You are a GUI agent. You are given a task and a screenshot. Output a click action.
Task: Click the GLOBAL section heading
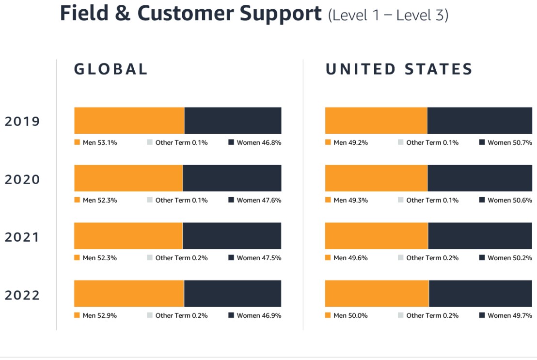tap(111, 69)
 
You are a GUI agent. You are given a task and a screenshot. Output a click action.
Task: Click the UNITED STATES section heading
tap(399, 69)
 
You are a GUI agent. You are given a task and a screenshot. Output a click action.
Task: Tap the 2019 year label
tap(22, 121)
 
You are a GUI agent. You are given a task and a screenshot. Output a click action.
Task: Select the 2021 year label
tap(22, 237)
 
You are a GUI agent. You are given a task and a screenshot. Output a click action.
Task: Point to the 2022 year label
tap(22, 295)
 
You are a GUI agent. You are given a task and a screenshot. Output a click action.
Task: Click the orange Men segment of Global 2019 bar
tap(129, 120)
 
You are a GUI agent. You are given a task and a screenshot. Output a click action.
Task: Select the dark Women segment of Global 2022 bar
tap(233, 293)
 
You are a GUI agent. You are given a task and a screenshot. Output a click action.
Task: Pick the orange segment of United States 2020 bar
tap(376, 178)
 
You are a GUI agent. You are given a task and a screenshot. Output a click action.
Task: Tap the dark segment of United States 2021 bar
tap(480, 235)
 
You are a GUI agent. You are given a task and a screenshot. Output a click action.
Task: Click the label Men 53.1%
tap(100, 142)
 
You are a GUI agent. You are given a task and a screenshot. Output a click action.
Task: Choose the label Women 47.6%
tap(259, 200)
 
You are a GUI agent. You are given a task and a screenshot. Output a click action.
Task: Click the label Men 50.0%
tap(350, 315)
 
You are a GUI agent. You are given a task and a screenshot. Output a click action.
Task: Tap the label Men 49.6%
tap(350, 258)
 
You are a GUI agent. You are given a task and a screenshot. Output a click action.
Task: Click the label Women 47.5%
tap(259, 258)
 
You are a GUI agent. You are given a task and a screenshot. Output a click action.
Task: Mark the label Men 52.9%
tap(100, 315)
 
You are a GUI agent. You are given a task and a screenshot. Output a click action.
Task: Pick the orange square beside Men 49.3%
tap(328, 200)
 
